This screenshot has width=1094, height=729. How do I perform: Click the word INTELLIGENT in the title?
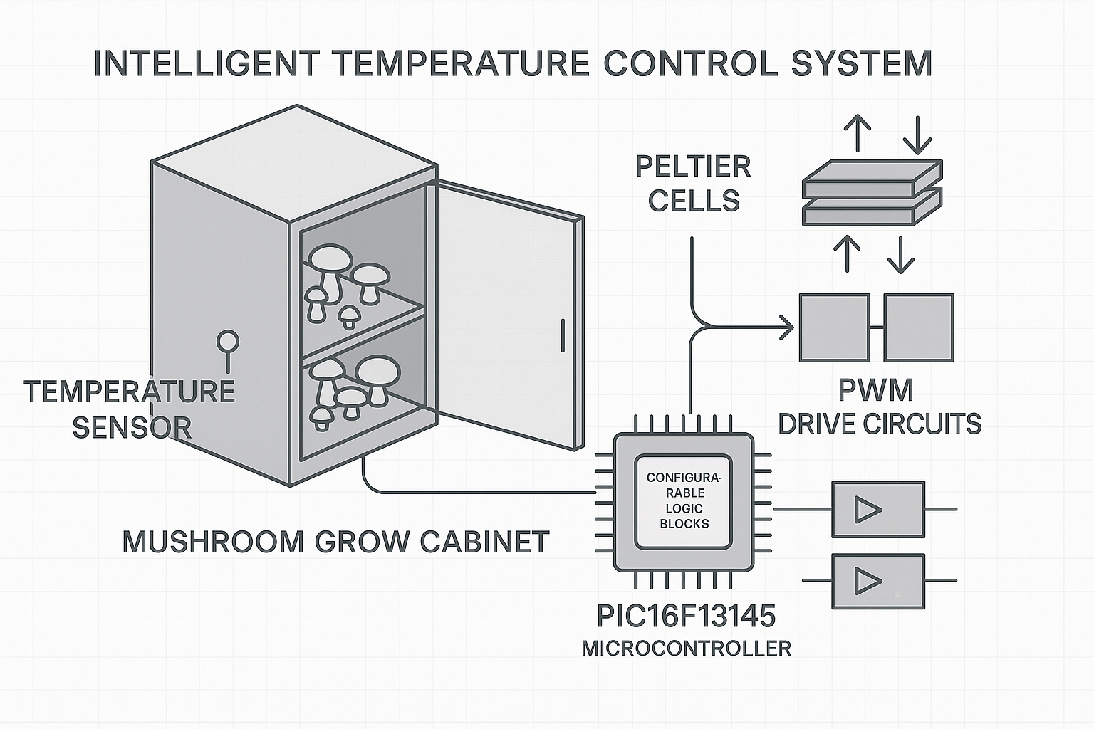pos(207,63)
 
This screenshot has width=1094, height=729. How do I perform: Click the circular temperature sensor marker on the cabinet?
pos(228,341)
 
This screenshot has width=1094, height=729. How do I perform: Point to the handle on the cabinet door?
pos(562,335)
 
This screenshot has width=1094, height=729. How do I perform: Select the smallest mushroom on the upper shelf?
pos(348,316)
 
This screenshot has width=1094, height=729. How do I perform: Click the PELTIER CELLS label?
pos(693,184)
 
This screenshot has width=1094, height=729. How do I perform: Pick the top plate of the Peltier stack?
pos(872,178)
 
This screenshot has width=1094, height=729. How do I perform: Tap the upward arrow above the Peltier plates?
pos(857,132)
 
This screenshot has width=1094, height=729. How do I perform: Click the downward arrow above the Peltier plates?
pos(917,134)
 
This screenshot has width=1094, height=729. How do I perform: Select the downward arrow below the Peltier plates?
pos(901,255)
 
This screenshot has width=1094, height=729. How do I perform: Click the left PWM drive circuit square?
pos(834,327)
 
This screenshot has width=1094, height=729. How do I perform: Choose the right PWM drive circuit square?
pos(918,327)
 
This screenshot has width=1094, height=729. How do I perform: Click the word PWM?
pos(875,390)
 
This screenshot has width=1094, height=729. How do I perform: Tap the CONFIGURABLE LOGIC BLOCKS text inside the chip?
pos(684,500)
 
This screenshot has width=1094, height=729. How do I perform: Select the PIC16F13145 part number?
pos(685,616)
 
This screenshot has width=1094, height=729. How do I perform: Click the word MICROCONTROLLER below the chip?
pos(686,649)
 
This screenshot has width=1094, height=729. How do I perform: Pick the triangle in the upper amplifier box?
pos(868,510)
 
